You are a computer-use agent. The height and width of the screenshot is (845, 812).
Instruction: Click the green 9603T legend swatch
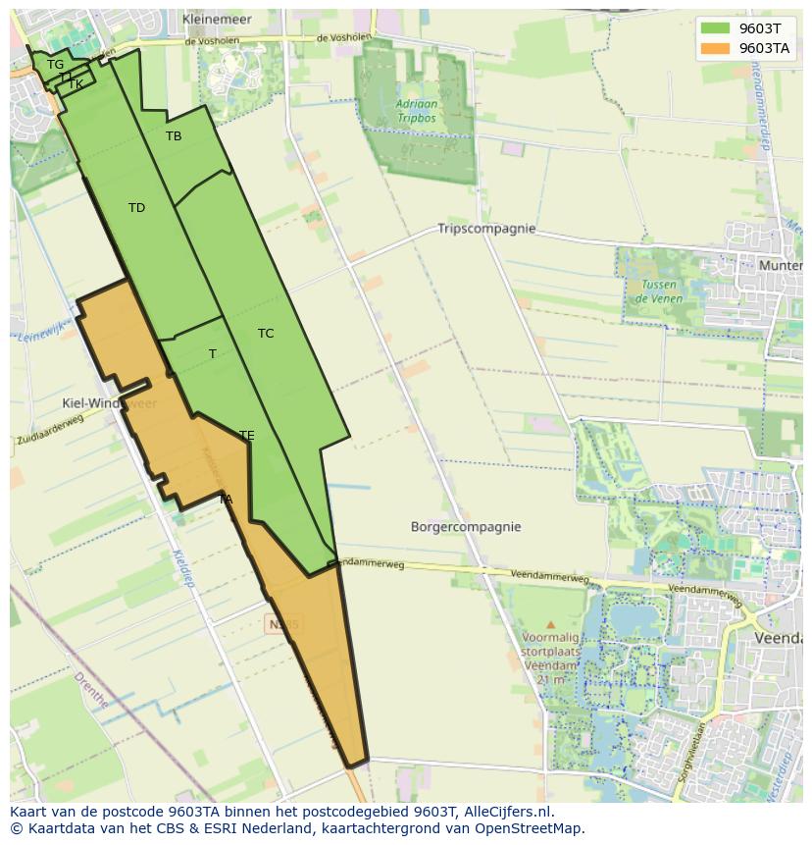[715, 28]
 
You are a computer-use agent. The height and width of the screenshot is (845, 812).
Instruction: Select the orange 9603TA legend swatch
[715, 48]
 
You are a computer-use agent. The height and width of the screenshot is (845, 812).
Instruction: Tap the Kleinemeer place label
[217, 19]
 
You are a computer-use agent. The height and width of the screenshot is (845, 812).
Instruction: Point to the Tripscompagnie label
[486, 229]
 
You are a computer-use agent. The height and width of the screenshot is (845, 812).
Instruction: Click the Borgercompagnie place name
[466, 527]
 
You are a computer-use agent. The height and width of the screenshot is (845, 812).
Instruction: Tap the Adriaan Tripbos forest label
[417, 111]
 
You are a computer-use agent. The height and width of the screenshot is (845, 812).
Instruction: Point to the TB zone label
[174, 136]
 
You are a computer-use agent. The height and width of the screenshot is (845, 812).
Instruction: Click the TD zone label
[136, 208]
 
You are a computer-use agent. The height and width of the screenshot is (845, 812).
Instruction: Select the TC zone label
[266, 334]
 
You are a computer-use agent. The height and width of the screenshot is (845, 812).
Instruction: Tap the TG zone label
[55, 65]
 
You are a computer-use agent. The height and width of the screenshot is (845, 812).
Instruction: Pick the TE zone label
[247, 436]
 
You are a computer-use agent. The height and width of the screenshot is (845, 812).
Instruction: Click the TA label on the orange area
[226, 500]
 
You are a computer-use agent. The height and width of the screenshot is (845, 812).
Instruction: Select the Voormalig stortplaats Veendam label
[550, 652]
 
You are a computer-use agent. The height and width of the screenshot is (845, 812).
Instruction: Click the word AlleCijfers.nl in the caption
[506, 812]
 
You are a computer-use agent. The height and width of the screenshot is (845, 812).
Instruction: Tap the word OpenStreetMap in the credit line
[529, 828]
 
